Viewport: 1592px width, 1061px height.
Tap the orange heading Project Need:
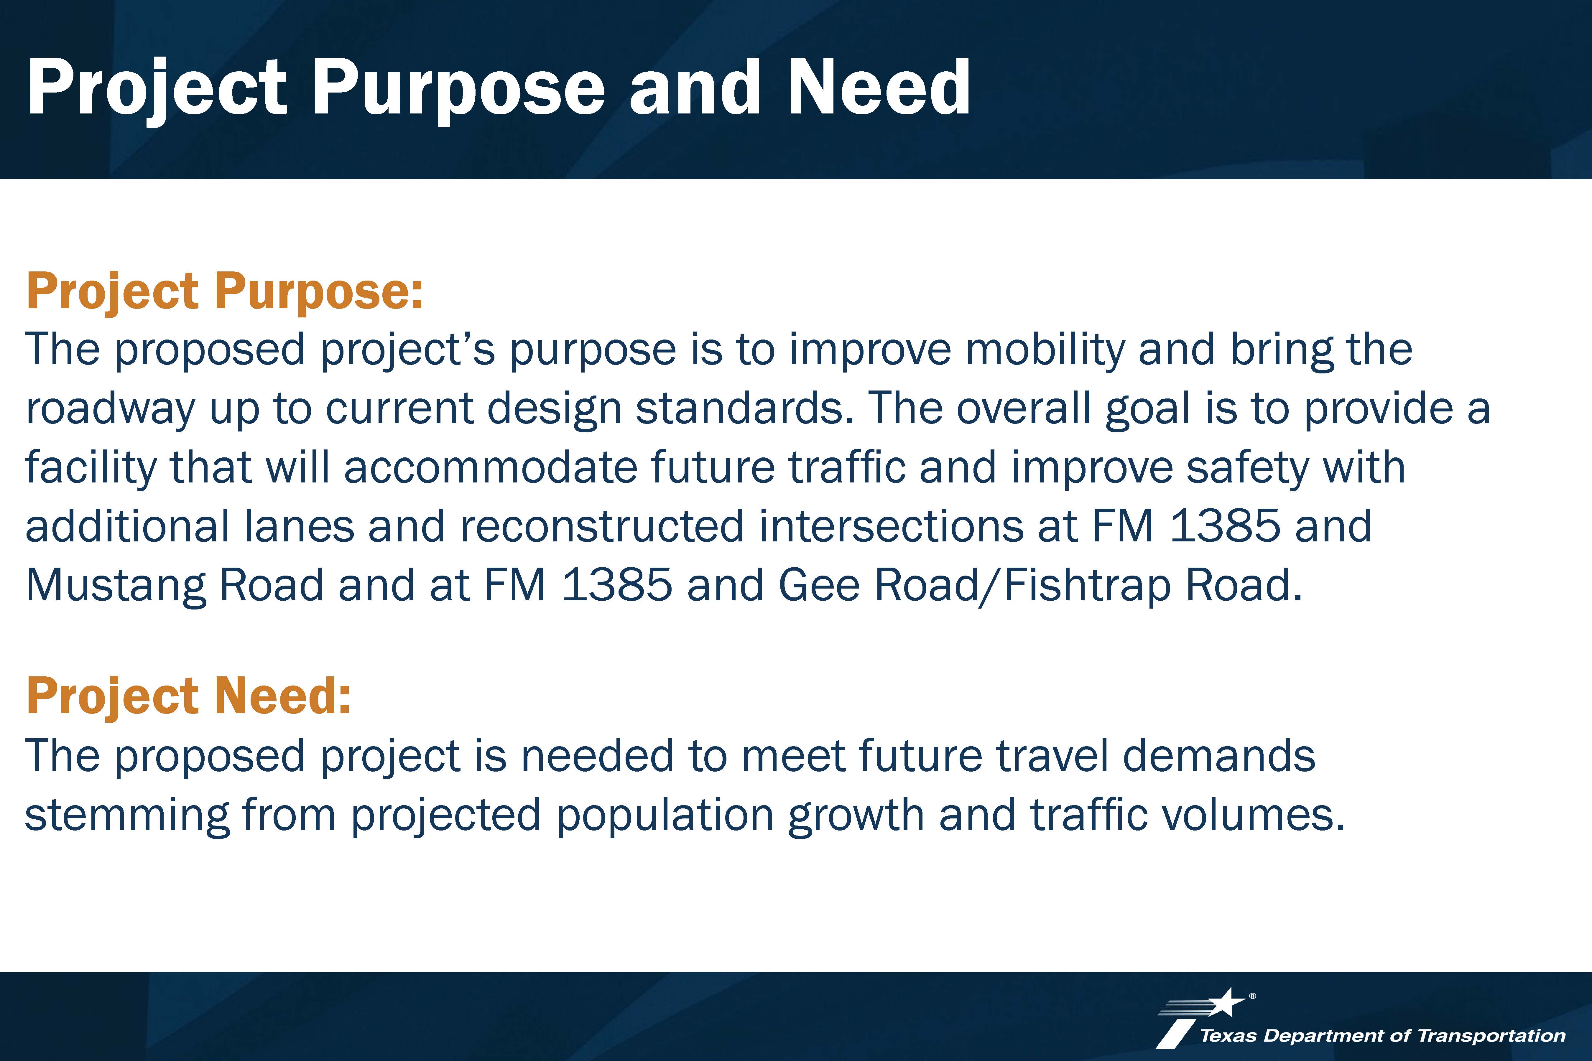(189, 697)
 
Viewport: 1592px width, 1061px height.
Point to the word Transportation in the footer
(1491, 1035)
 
